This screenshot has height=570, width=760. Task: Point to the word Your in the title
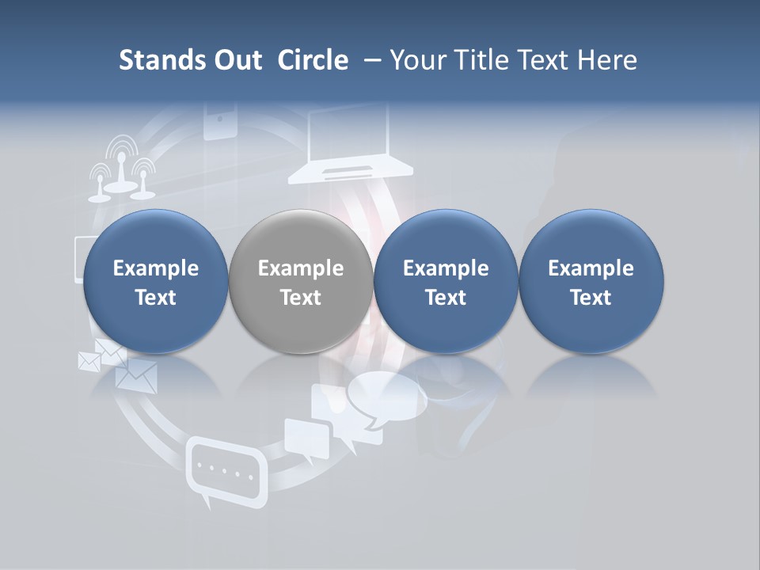pos(417,60)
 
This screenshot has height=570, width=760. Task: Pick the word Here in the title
pos(608,60)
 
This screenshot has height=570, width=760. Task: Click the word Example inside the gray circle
pos(301,268)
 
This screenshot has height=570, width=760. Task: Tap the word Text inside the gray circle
pos(301,298)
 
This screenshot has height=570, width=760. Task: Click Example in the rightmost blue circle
pos(591,268)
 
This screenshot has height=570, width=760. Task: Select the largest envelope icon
pos(137,374)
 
